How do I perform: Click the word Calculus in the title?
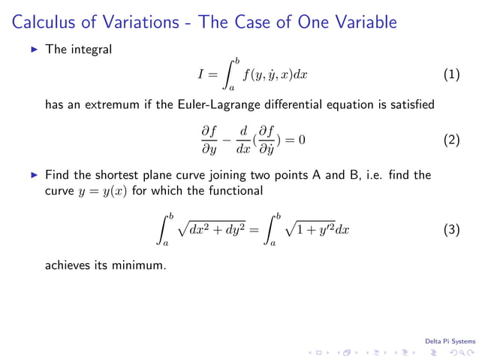pos(44,23)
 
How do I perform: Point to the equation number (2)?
pos(451,140)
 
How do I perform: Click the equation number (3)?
pos(451,230)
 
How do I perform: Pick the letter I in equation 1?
pos(200,74)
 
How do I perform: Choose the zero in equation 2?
pos(302,140)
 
